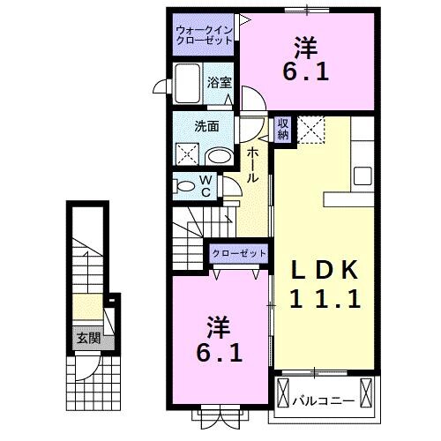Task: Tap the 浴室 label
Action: [220, 82]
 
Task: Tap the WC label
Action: [204, 187]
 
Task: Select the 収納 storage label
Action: [283, 129]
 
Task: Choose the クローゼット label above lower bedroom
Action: [238, 254]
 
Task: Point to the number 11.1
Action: [325, 299]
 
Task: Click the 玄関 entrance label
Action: [86, 338]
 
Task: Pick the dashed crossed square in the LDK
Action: [311, 131]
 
